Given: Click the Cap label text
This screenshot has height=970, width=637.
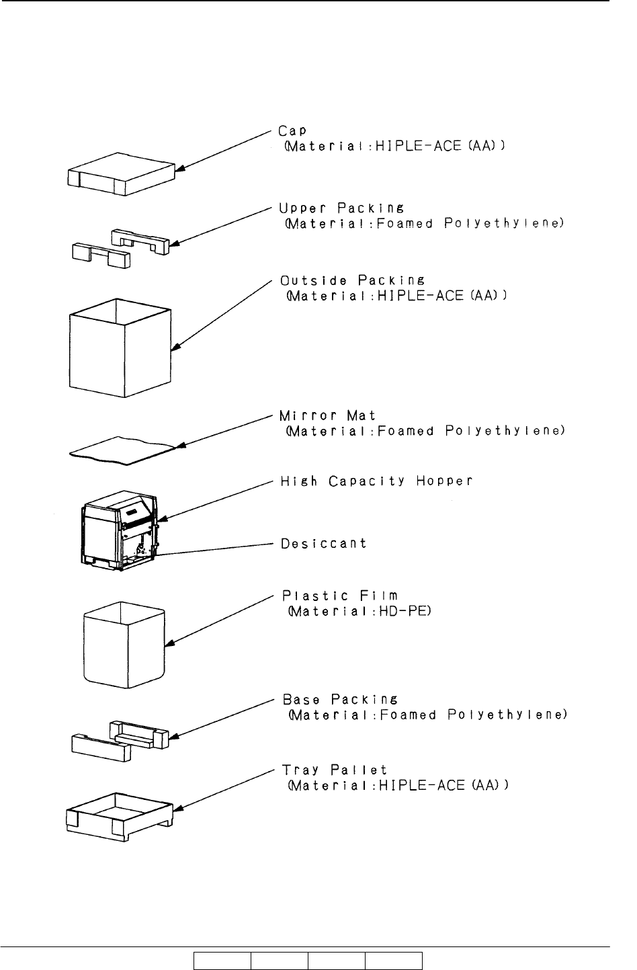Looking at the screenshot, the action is click(x=292, y=130).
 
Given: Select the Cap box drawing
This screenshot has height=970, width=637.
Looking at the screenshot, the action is click(x=121, y=174).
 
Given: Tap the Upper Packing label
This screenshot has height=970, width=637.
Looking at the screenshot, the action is click(x=341, y=208).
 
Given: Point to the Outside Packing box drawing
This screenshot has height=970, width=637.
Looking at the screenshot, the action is click(x=120, y=348).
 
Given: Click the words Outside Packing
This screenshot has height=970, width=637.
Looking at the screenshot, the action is click(x=352, y=280).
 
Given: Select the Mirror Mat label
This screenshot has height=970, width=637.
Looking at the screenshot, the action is click(x=327, y=415).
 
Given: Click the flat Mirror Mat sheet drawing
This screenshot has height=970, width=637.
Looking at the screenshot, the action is click(x=122, y=451).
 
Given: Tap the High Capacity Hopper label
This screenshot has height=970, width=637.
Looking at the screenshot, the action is click(x=376, y=481).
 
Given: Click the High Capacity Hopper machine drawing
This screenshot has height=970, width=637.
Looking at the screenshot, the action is click(x=120, y=530).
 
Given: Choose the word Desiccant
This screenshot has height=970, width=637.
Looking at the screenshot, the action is click(x=324, y=543).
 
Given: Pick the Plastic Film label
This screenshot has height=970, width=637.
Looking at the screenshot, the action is click(x=340, y=596).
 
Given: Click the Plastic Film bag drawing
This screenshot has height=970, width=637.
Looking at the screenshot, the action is click(x=124, y=645).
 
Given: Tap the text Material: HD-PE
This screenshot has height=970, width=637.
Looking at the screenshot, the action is click(x=359, y=612).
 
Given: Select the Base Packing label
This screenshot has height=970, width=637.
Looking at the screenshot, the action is click(x=340, y=699).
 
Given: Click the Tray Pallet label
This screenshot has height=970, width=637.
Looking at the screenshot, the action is click(x=334, y=770).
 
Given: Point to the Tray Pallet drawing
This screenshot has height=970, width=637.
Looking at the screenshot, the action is click(x=120, y=817).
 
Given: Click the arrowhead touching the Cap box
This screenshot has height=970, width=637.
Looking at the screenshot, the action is click(x=179, y=168).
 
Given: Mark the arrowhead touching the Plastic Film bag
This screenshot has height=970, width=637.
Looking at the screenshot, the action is click(x=169, y=643).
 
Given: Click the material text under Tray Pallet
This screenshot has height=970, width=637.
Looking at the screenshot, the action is click(x=398, y=786).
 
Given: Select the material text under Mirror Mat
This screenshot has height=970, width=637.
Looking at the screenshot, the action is click(x=425, y=432).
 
